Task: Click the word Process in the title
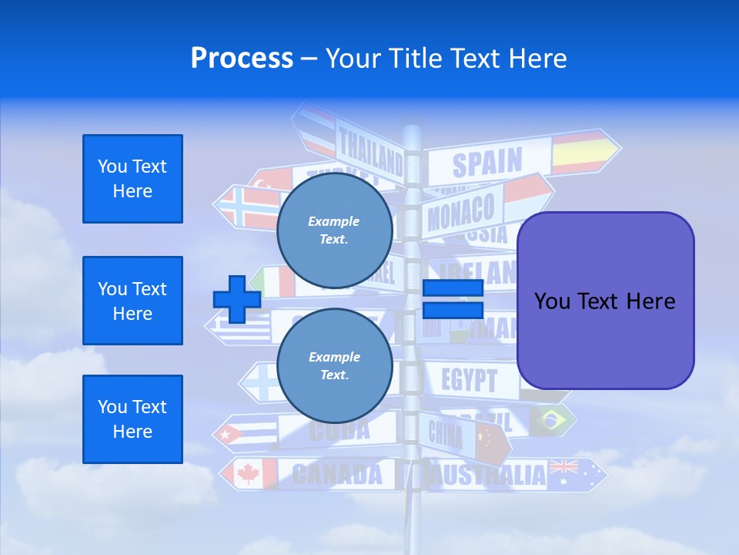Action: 242,58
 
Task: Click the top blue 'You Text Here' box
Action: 132,179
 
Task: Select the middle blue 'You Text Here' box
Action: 132,301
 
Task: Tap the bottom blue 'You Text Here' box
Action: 132,419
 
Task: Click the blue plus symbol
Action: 236,299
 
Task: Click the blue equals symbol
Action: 453,299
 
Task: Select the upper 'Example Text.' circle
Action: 334,230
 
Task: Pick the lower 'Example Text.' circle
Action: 334,365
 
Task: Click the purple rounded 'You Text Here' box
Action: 605,301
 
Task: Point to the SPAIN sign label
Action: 487,163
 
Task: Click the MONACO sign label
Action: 460,213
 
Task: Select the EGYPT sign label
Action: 469,380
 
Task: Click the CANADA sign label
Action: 336,474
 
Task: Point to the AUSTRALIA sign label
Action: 487,475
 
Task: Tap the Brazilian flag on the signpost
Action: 550,419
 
